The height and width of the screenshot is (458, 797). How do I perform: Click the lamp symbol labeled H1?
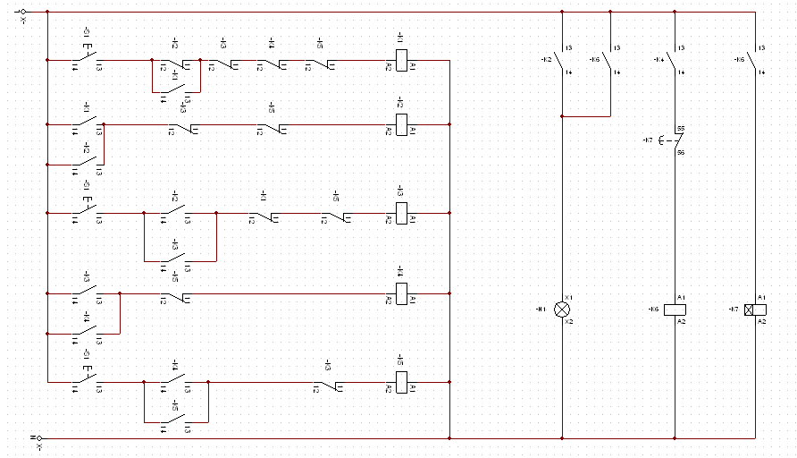coord(562,309)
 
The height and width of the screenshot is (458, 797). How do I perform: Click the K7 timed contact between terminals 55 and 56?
coord(677,140)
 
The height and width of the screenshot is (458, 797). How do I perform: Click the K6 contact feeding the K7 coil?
coord(754,60)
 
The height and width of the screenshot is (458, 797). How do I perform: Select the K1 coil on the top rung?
coord(401,60)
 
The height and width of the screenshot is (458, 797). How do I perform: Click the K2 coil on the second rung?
coord(401,123)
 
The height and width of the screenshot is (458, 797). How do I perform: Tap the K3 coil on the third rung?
coord(401,213)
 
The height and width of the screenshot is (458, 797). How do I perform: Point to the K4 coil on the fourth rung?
coord(401,293)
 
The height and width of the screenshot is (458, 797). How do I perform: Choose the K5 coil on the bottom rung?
coord(401,382)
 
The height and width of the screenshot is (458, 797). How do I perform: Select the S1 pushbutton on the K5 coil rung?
coord(87,378)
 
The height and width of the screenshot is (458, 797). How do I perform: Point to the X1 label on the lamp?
coord(569,297)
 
